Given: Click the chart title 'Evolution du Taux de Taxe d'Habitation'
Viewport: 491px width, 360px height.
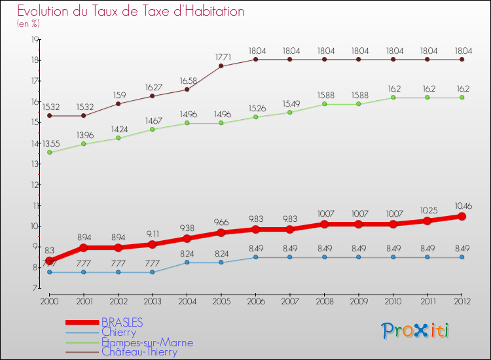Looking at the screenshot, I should coord(130,11).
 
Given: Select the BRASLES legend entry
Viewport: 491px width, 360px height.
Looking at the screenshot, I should coord(122,322).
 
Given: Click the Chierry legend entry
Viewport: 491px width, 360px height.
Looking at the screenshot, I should coord(118,332).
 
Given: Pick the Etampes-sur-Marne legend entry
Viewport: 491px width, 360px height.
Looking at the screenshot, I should coord(147,342).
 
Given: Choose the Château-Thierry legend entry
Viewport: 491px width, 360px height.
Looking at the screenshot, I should coord(139,351).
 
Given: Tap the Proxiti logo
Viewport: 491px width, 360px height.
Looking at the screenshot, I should coord(416,331).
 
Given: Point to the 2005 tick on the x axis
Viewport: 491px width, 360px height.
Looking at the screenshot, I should coord(221,301).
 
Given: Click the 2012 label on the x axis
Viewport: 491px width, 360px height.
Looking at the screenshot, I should coord(462,301).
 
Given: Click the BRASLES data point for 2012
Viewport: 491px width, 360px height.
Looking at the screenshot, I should coord(462,216).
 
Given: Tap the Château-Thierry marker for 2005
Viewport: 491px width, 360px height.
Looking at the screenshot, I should coord(221,65).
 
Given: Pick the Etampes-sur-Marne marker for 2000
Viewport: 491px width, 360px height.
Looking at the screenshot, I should coord(49,152).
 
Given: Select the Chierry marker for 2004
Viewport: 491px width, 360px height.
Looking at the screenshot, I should coord(187,262).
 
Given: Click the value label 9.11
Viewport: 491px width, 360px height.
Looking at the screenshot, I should coord(153,234).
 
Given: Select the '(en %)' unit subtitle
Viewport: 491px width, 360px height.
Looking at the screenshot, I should coord(28,24).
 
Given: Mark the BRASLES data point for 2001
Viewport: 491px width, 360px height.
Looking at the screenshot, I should coord(83,247).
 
